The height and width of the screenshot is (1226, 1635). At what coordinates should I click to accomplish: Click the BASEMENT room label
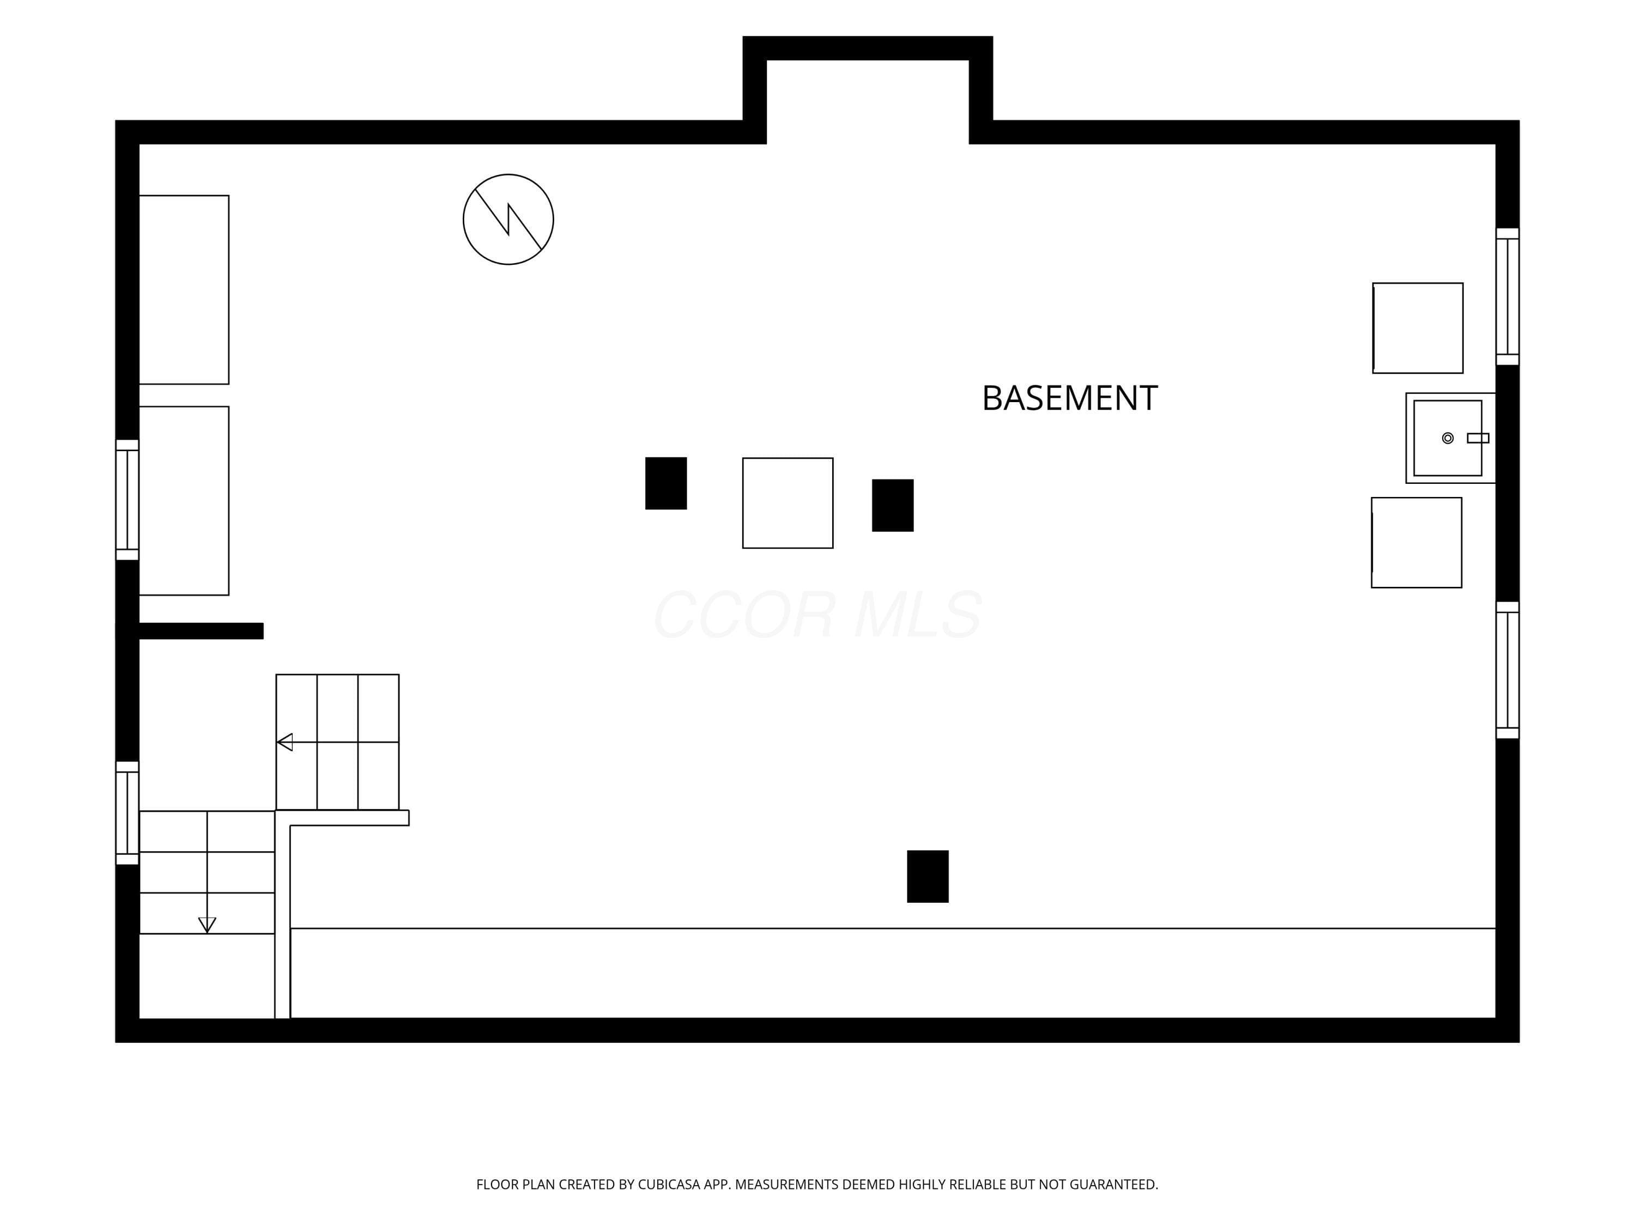[1069, 398]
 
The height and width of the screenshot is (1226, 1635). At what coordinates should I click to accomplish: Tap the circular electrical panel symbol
[508, 220]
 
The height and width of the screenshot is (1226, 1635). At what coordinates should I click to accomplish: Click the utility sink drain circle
[1448, 438]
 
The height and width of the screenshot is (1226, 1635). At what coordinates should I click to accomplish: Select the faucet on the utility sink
[1477, 438]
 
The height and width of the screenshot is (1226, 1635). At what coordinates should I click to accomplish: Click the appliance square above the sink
[1418, 328]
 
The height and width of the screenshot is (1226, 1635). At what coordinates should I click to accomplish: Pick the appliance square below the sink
[1416, 542]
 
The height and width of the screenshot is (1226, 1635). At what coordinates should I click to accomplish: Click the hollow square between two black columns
[788, 503]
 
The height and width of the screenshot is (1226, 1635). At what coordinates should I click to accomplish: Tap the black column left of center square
[666, 483]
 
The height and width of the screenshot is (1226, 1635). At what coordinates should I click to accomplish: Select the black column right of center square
[893, 506]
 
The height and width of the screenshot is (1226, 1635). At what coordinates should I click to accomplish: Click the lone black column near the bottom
[928, 876]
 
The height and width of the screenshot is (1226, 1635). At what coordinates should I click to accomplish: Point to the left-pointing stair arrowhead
[284, 742]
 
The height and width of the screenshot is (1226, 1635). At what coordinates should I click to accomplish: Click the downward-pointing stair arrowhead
[207, 925]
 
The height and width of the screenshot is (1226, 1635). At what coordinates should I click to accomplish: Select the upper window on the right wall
[1508, 296]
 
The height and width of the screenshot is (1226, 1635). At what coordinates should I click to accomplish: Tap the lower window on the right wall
[1508, 670]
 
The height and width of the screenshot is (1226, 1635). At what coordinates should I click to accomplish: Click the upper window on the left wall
[127, 500]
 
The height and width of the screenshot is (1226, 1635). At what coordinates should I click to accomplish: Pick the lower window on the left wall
[127, 813]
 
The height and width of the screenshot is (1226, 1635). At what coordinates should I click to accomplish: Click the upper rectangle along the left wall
[184, 290]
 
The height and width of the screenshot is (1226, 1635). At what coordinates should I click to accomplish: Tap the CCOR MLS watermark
[818, 615]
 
